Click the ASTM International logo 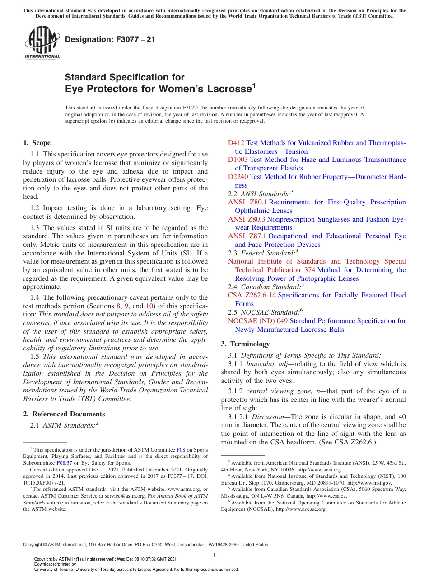coord(42,43)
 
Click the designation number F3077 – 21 coord(110,39)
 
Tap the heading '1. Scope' coord(37,143)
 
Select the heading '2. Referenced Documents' coord(64,414)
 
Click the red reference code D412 coord(236,143)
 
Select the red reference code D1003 coord(238,160)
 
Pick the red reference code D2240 coord(238,177)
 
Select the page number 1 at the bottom coord(214,556)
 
